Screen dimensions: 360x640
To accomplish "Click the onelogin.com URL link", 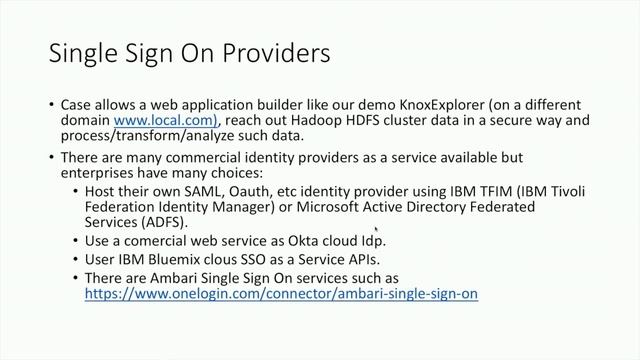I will pos(281,294).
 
